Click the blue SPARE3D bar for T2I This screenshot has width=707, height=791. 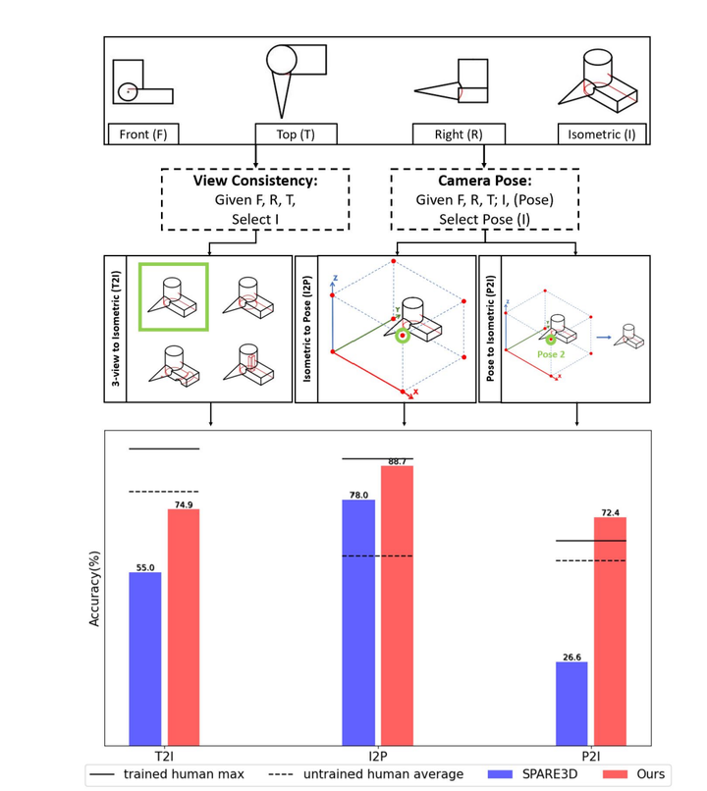(145, 658)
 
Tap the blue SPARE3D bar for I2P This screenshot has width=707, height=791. (358, 622)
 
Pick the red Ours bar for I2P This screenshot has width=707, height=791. (397, 605)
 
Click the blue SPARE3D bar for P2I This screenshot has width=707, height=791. (571, 703)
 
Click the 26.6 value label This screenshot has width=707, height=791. (571, 657)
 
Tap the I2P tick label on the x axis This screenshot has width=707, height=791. (378, 757)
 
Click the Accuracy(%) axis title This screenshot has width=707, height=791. (95, 587)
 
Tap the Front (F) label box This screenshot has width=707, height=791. (143, 134)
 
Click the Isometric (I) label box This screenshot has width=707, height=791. (602, 134)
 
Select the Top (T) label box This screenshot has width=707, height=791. (296, 134)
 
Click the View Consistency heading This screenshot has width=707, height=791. (254, 182)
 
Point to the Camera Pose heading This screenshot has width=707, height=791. (484, 182)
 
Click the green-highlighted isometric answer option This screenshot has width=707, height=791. (173, 295)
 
